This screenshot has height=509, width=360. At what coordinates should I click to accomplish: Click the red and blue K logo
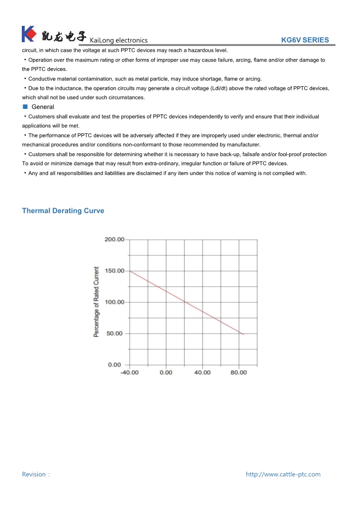pyautogui.click(x=28, y=34)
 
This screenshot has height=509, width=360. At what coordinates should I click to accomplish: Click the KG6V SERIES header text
pyautogui.click(x=305, y=40)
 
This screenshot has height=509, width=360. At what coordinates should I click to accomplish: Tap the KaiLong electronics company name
pyautogui.click(x=118, y=40)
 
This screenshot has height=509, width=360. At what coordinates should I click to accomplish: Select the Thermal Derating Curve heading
pyautogui.click(x=63, y=211)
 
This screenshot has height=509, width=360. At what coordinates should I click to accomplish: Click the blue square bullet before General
pyautogui.click(x=25, y=107)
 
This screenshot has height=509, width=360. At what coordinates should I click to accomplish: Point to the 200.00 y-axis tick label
pyautogui.click(x=114, y=240)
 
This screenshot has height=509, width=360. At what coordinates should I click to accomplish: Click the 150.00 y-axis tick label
pyautogui.click(x=114, y=271)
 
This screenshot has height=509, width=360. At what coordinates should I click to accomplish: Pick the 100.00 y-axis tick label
pyautogui.click(x=114, y=302)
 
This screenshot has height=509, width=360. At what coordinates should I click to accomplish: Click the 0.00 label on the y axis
pyautogui.click(x=114, y=365)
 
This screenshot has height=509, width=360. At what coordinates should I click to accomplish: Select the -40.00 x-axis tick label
pyautogui.click(x=129, y=372)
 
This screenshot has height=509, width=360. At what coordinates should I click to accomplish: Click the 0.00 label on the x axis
pyautogui.click(x=166, y=372)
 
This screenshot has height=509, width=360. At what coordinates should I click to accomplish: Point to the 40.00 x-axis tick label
pyautogui.click(x=202, y=372)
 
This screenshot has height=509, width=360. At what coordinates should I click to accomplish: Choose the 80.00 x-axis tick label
pyautogui.click(x=239, y=372)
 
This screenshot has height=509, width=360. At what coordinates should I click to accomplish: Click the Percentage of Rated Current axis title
pyautogui.click(x=96, y=302)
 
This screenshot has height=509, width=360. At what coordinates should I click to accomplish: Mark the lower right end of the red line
pyautogui.click(x=244, y=334)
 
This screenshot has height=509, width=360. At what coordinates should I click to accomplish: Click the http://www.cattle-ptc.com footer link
pyautogui.click(x=283, y=475)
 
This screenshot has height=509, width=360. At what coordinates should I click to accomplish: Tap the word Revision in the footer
pyautogui.click(x=34, y=475)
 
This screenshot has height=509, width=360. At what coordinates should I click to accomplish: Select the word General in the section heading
pyautogui.click(x=43, y=107)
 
